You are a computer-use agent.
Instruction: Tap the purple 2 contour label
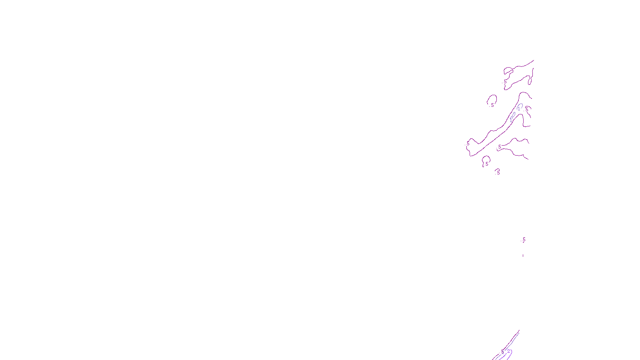click(508, 352)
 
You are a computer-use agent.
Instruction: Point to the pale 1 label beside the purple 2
click(503, 352)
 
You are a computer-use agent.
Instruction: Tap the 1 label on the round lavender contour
click(519, 108)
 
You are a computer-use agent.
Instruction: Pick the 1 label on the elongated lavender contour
click(511, 120)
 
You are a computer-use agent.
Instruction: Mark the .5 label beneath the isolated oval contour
click(492, 105)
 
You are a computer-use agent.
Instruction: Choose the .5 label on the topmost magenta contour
click(505, 81)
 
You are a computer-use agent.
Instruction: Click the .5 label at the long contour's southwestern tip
click(468, 144)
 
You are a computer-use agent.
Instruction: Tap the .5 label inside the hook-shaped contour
click(487, 164)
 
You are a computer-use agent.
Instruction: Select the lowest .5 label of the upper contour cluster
click(498, 172)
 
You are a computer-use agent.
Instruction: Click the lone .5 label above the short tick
click(524, 240)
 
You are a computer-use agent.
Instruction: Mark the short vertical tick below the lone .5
click(523, 255)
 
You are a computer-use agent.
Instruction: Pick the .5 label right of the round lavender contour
click(527, 108)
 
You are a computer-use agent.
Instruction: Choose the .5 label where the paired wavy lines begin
click(500, 147)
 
